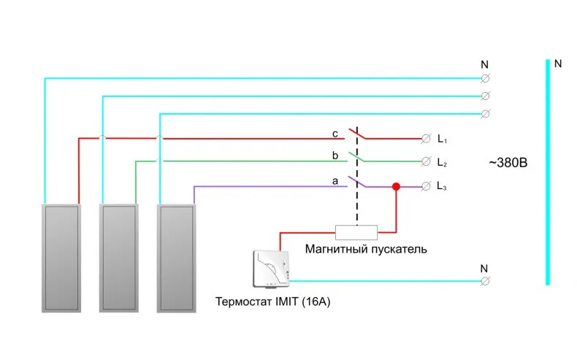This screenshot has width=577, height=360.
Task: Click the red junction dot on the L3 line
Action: (396, 186)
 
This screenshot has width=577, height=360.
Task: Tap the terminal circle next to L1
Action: (426, 139)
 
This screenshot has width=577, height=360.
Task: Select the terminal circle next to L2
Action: (426, 161)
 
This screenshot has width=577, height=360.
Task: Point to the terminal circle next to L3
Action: (426, 186)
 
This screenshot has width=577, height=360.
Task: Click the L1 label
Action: (442, 139)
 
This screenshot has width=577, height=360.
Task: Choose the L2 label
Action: (442, 162)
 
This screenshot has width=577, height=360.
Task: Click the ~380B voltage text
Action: (508, 163)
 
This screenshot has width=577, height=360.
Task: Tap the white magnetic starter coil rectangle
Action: (356, 232)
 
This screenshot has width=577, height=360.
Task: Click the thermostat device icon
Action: (271, 269)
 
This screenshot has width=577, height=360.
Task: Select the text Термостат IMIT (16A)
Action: (272, 302)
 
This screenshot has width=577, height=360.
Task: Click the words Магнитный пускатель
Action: (366, 249)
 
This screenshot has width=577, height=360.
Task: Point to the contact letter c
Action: (335, 134)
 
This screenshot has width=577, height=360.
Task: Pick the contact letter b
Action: (335, 156)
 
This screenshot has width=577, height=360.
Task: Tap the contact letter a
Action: (335, 181)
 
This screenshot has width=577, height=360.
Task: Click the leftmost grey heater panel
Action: (61, 258)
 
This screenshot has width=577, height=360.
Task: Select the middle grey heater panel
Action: (119, 258)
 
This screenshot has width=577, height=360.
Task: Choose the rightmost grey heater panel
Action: (177, 258)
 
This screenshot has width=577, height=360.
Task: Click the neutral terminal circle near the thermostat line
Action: (485, 281)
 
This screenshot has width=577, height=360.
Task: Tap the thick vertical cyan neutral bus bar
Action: (548, 172)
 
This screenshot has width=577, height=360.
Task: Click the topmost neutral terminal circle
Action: (485, 78)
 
